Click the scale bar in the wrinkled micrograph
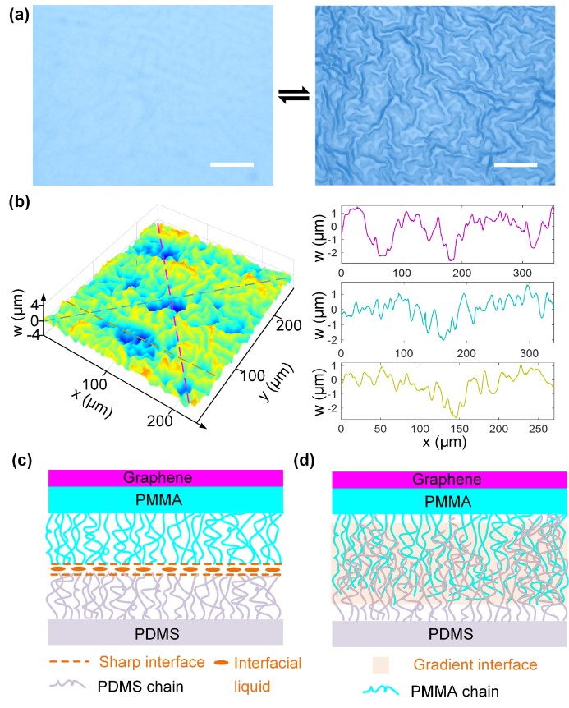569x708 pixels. pos(516,164)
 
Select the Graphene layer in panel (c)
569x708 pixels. pos(165,478)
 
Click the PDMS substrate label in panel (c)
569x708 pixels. pos(165,632)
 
